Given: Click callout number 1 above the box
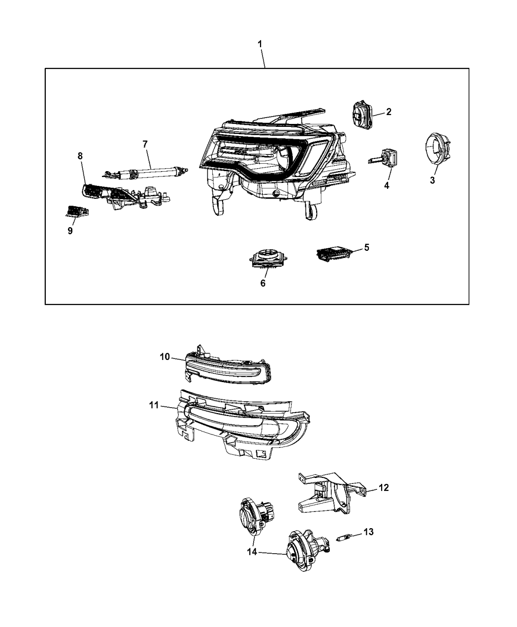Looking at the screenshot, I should coord(260,44).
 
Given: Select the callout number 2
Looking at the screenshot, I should coord(388,112).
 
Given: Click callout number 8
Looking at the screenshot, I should coord(80,156).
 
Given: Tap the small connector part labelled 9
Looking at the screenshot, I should coord(77,212).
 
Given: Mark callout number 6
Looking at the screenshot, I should coord(263,283).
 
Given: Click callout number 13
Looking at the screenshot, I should coord(369,532).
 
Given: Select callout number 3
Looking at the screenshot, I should coord(432,180).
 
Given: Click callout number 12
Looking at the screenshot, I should coord(384,487).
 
